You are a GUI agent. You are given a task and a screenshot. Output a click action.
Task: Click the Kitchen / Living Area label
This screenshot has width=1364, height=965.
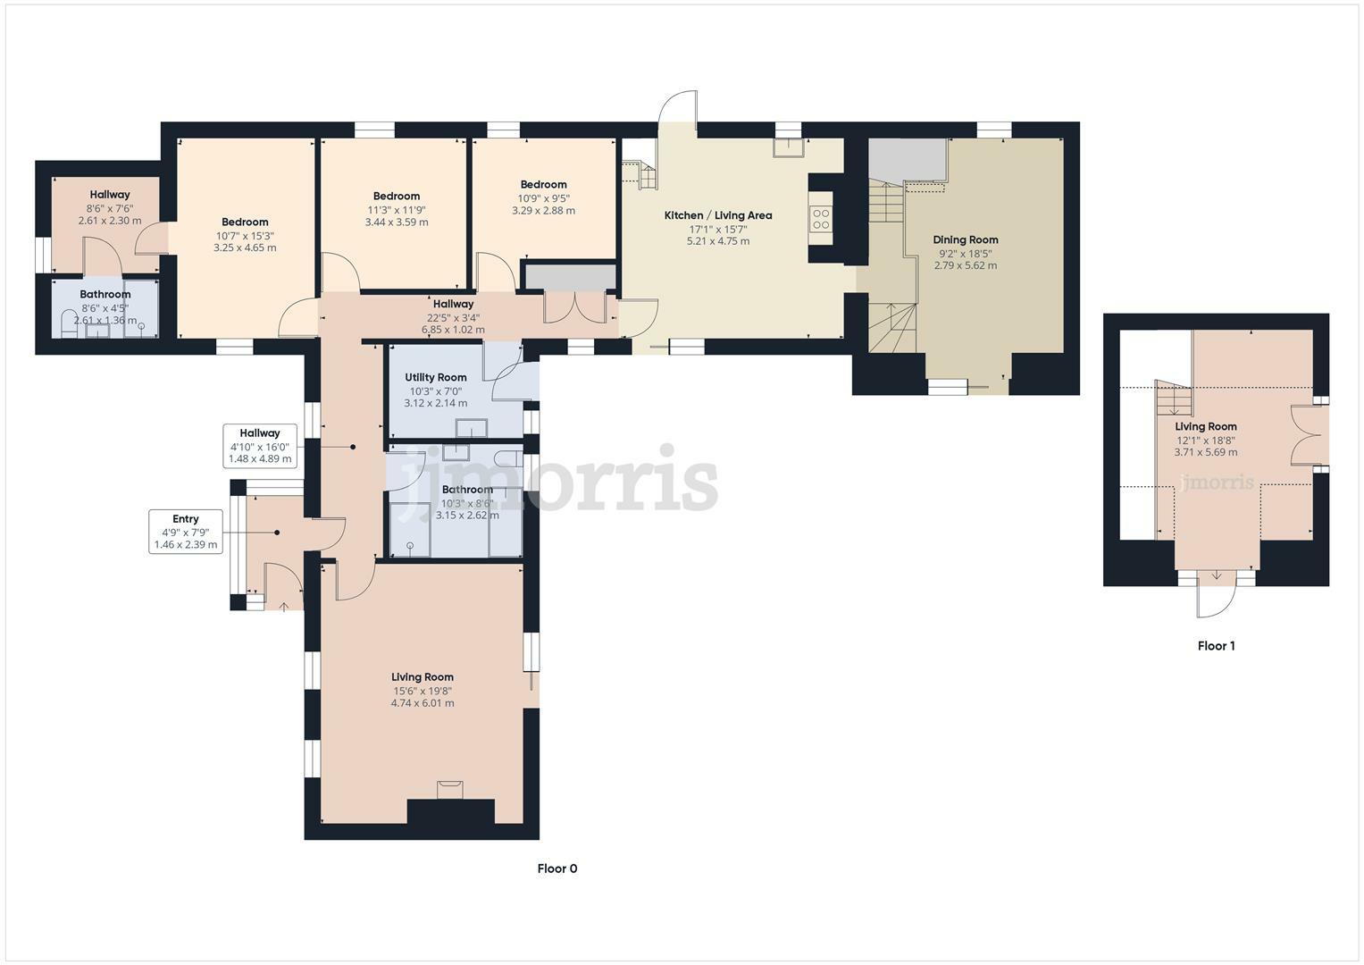(717, 215)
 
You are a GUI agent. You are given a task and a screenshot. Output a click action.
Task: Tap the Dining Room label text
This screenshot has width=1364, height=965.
(965, 239)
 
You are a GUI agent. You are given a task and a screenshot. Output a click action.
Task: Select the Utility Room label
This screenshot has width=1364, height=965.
(435, 377)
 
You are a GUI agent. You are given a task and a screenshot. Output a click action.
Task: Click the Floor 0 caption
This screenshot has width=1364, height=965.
(556, 868)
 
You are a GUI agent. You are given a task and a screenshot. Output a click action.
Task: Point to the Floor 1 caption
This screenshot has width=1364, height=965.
(1216, 646)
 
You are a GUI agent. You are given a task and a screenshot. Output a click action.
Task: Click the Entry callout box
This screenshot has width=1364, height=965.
(186, 532)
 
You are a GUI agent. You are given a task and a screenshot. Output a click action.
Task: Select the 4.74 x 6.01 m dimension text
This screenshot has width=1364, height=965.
(422, 703)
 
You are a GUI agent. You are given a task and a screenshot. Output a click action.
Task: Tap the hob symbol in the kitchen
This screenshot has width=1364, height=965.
(820, 219)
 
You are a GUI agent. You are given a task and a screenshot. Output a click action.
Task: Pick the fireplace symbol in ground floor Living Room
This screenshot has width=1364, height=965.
(449, 788)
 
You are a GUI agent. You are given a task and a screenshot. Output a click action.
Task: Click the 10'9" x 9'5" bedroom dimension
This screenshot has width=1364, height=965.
(543, 198)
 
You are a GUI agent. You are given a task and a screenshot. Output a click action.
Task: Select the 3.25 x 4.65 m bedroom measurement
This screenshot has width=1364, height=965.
(245, 248)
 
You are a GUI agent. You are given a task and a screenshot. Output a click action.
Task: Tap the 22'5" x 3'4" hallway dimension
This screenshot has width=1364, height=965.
(453, 316)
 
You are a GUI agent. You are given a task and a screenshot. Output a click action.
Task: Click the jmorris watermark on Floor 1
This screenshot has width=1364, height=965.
(1217, 483)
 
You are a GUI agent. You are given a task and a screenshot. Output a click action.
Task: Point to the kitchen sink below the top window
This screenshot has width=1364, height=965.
(788, 147)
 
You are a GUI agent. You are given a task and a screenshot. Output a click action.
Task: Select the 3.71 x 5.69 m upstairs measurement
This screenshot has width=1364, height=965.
(1205, 452)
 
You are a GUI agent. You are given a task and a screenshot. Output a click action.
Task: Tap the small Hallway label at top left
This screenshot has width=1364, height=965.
(109, 195)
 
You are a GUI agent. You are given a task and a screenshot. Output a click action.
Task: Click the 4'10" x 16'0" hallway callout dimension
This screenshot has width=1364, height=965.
(259, 447)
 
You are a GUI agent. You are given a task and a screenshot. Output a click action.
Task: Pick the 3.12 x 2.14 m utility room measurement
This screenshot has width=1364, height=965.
(435, 403)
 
